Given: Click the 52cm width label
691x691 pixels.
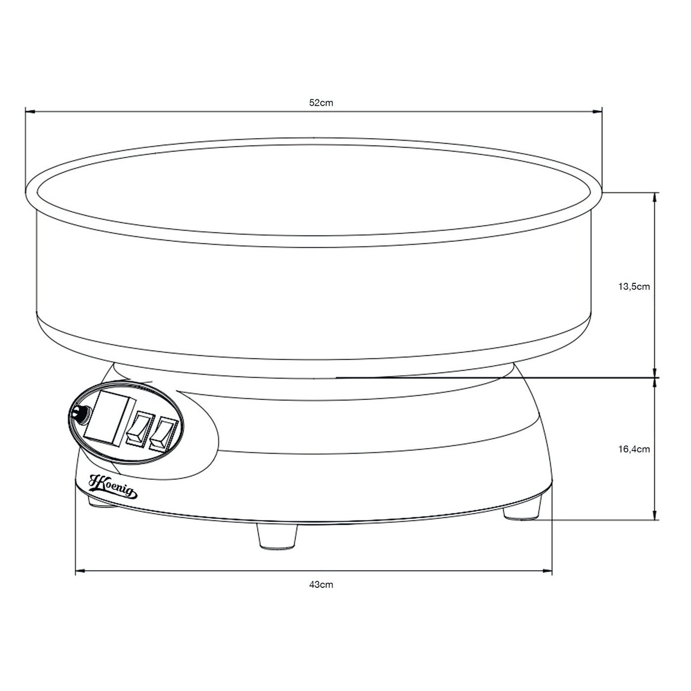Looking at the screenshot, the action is (x=321, y=103).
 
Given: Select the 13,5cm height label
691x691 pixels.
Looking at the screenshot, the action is (x=634, y=286).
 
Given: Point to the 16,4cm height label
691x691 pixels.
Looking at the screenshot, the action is (x=634, y=449).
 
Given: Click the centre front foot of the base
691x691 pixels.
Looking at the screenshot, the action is (x=277, y=538).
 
